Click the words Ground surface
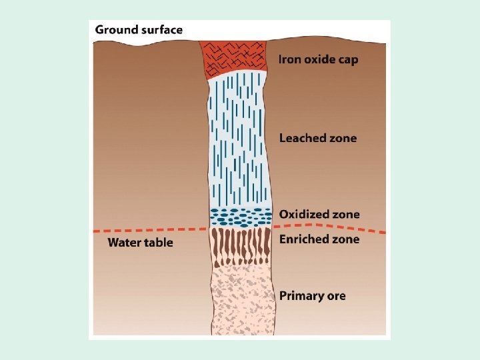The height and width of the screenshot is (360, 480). (139, 30)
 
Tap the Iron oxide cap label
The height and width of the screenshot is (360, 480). (318, 60)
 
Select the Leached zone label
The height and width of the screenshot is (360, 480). (317, 139)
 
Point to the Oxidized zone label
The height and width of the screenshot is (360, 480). (319, 215)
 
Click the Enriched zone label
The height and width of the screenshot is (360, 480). (319, 239)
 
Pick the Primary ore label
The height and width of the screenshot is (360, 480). (312, 295)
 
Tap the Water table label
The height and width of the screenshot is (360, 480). (140, 242)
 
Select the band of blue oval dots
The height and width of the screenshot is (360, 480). (241, 216)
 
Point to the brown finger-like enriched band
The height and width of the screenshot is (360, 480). (241, 245)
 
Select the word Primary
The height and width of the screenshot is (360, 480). (300, 295)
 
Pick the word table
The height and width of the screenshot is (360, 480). (159, 242)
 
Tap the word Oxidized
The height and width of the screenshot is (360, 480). (304, 215)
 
